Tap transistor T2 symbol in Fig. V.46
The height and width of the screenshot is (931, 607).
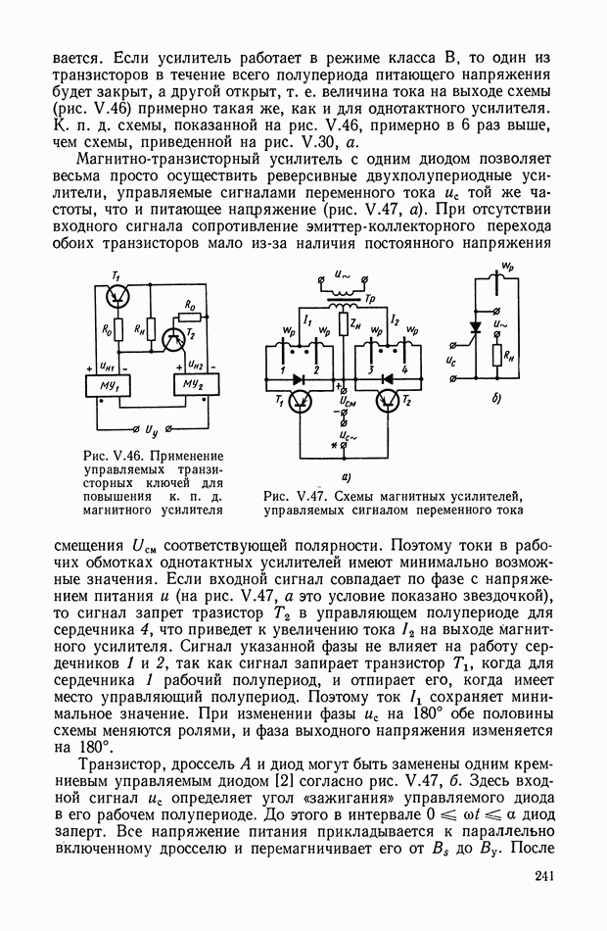175,338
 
